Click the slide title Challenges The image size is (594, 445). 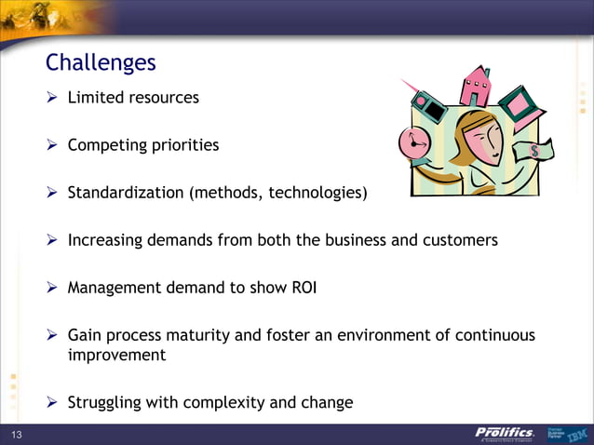point(101,63)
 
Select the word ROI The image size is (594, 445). point(304,287)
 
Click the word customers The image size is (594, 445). point(460,240)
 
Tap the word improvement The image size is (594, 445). point(116,355)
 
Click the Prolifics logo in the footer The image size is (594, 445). point(504,434)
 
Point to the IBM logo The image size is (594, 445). point(577,435)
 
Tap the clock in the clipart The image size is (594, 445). point(412,142)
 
